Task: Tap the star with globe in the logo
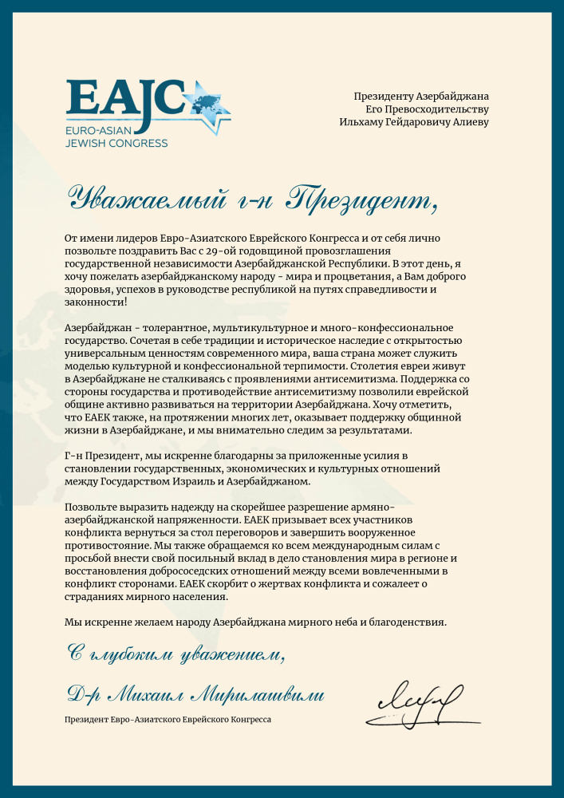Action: [206, 105]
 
